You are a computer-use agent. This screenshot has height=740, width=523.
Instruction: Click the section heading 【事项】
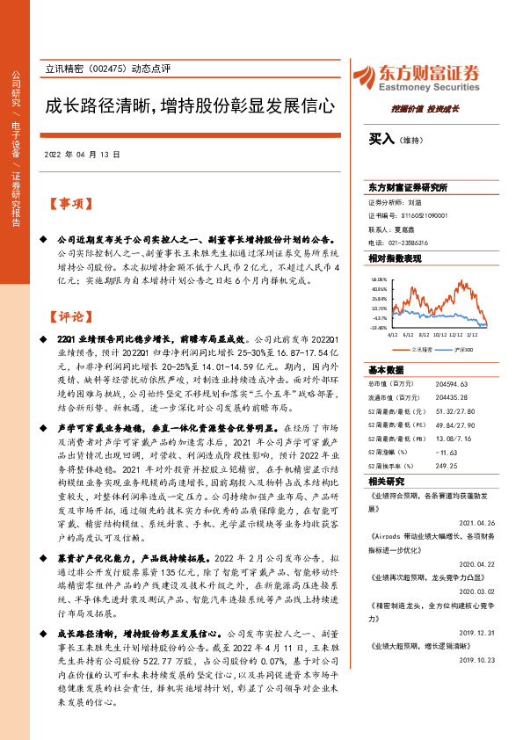point(69,205)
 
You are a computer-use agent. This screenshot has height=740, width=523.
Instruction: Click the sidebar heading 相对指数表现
point(396,259)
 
